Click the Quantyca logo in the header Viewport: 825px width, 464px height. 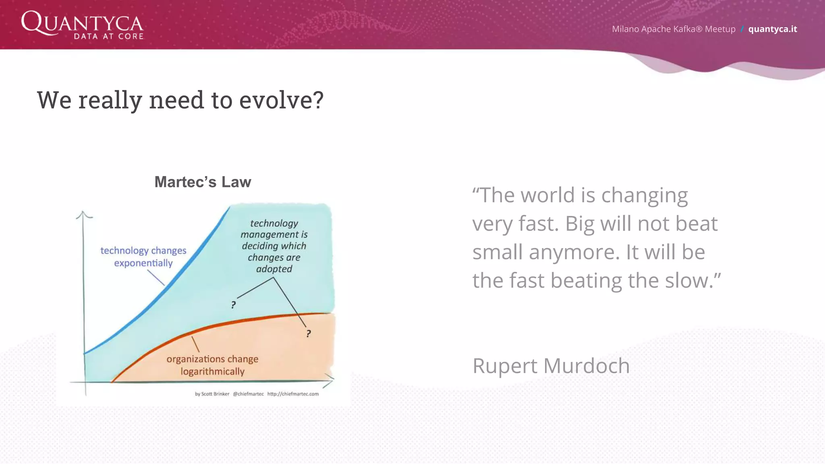(82, 25)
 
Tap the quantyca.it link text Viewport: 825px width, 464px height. (772, 29)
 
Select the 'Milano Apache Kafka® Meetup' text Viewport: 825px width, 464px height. (674, 29)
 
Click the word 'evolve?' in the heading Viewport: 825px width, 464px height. (281, 100)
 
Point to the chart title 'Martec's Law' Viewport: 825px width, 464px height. (203, 182)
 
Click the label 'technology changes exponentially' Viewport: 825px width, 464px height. (143, 257)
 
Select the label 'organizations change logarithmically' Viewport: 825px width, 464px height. (212, 365)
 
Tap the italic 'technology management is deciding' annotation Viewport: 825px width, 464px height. (274, 246)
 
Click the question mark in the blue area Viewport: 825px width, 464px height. (233, 305)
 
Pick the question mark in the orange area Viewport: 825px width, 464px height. (308, 333)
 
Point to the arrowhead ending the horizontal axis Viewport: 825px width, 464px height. (330, 380)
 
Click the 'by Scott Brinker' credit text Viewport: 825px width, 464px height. (212, 394)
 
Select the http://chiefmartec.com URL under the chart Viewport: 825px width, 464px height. (293, 394)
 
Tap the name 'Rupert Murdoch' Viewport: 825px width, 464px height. (551, 366)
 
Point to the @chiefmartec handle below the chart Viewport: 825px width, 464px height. (248, 394)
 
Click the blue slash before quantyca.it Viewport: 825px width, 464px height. (742, 29)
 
